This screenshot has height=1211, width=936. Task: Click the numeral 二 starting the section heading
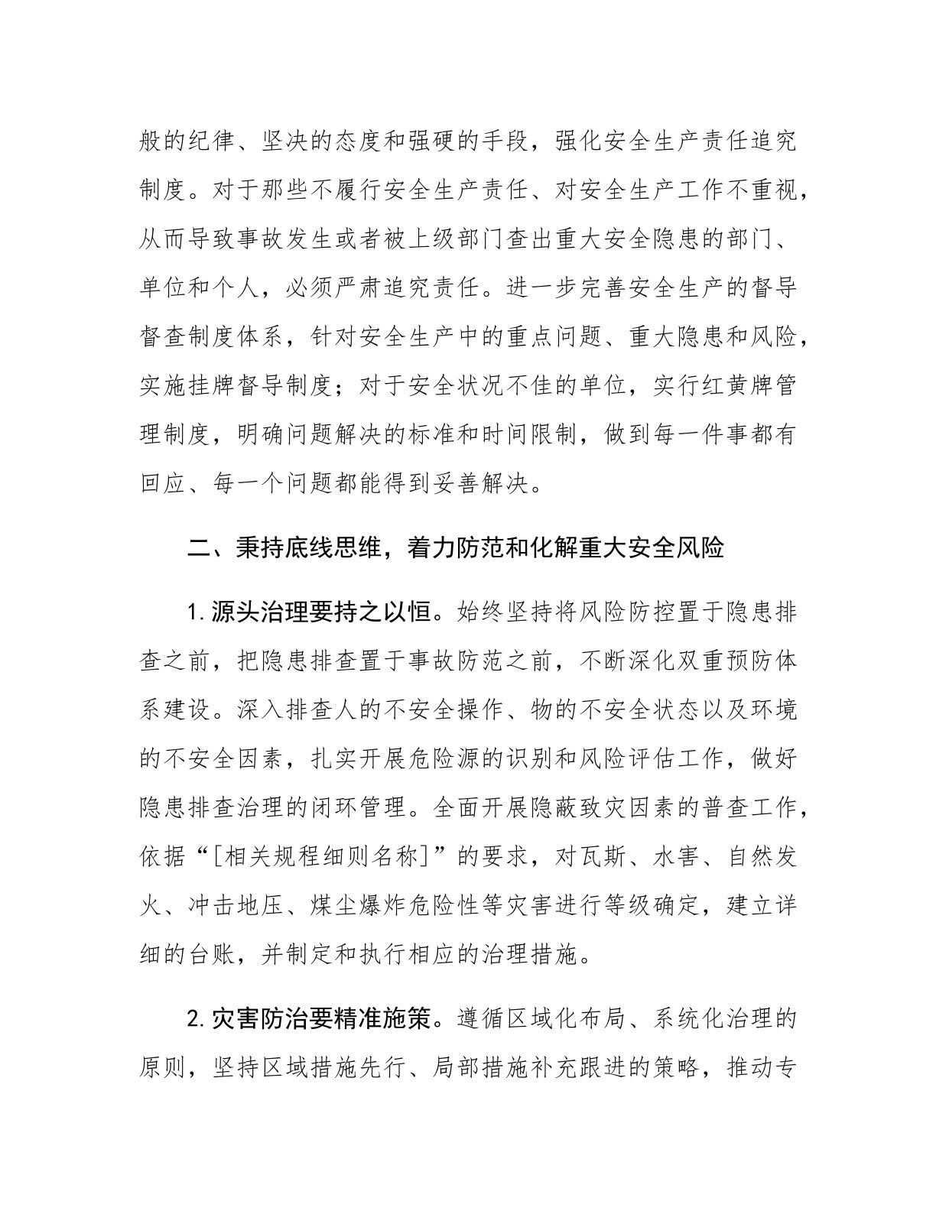201,548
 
